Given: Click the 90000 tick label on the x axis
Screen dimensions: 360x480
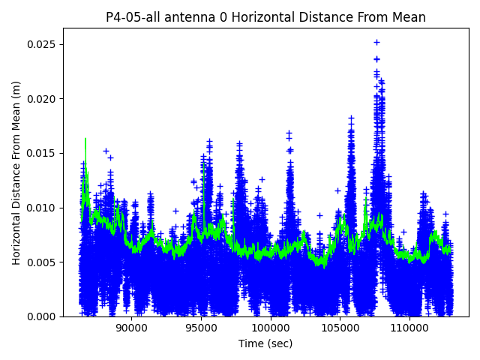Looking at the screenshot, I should [132, 328].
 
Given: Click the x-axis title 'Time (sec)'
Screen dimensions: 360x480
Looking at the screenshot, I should [265, 343].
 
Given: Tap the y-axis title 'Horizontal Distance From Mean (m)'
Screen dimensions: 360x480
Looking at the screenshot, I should [16, 172].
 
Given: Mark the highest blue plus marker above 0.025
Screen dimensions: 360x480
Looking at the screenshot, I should [376, 43].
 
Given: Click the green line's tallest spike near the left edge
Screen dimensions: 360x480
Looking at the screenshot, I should [85, 139].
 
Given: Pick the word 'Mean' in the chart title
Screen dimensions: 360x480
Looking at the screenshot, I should [408, 17].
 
